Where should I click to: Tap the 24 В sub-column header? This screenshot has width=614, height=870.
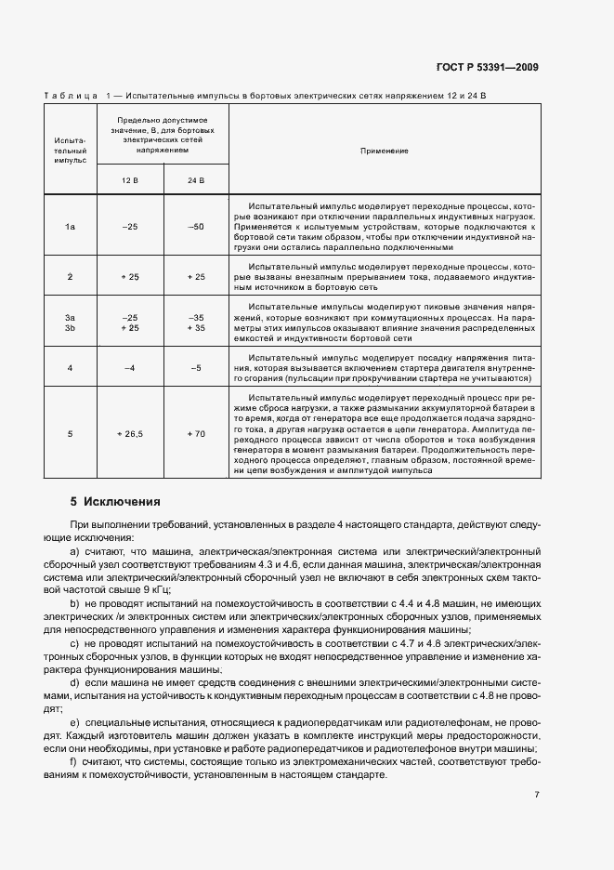[195, 179]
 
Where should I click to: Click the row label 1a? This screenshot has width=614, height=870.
[70, 226]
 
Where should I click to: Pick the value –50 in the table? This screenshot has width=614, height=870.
[195, 226]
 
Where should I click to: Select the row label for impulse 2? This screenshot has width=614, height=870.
[70, 277]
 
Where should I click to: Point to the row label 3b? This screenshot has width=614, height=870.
[70, 328]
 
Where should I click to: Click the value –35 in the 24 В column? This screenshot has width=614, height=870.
[195, 317]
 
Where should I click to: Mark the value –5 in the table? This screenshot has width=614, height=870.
[195, 368]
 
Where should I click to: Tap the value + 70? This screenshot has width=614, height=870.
[195, 433]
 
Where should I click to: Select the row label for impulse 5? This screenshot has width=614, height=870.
[70, 433]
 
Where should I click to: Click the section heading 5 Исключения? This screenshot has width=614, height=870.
[116, 502]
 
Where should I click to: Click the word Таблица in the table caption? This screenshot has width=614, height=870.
[71, 96]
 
